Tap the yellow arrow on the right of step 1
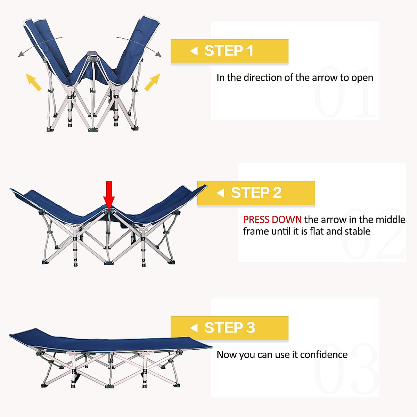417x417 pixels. pos(152,82)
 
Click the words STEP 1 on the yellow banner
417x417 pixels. pos(229,51)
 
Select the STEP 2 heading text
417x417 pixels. pos(256,193)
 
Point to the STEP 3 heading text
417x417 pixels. pos(230,328)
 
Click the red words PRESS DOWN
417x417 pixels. pos(272,220)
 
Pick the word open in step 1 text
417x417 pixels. pos(362,78)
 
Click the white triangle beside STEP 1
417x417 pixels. pos(194,51)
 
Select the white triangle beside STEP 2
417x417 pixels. pos(220,193)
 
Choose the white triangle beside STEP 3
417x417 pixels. pos(194,328)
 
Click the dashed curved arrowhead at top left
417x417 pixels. pos(21,54)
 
